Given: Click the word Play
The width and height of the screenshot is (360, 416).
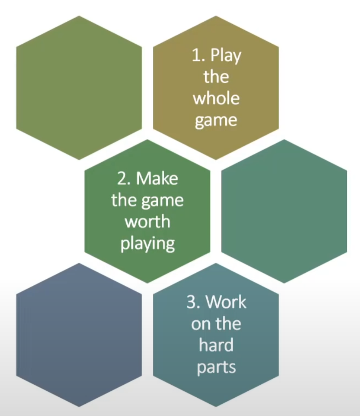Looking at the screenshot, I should [226, 56].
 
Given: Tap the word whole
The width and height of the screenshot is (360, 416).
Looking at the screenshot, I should [216, 98].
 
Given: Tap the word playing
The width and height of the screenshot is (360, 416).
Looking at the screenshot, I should [147, 243].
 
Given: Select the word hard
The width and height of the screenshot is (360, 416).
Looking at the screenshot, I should [216, 345].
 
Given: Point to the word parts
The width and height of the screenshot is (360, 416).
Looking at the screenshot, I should [216, 367].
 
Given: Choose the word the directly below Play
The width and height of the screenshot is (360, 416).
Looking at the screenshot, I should [216, 77].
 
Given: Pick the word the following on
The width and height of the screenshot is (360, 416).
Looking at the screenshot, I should [228, 324].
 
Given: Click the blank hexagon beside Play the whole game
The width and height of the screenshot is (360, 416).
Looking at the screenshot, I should [79, 87].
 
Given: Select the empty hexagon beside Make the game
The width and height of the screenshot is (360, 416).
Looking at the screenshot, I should [284, 211].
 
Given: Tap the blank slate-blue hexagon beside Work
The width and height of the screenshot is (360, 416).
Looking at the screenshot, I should [79, 335].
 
